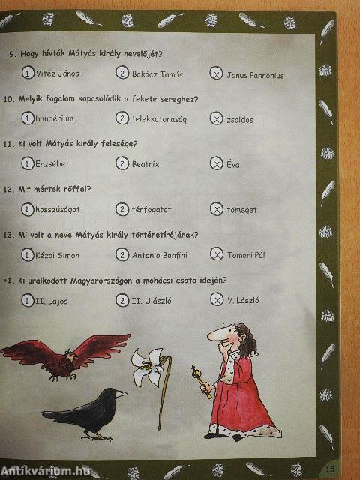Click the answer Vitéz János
57,73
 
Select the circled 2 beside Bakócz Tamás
122,73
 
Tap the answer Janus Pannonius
255,75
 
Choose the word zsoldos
240,120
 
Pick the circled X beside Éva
217,163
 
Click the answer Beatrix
145,164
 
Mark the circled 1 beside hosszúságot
27,209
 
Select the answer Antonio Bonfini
160,255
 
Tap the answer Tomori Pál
246,255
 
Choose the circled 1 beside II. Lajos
27,300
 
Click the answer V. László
243,300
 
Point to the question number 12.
8,189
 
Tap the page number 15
330,469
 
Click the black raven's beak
121,394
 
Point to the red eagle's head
70,355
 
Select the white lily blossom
148,365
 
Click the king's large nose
216,335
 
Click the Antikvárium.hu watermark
46,471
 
